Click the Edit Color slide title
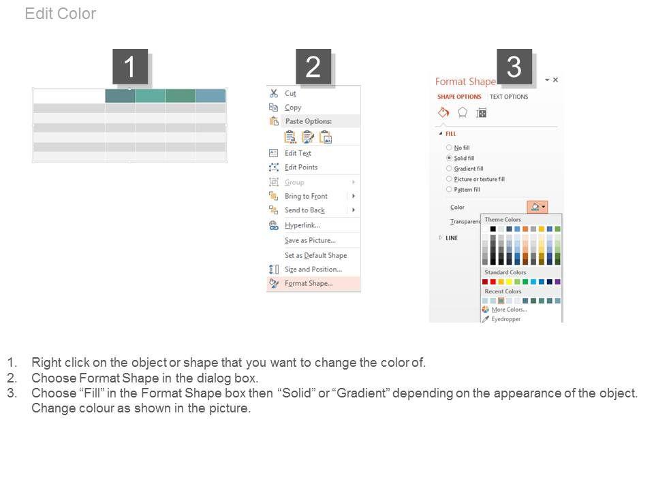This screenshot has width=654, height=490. coord(61,14)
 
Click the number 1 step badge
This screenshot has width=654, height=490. coord(130,67)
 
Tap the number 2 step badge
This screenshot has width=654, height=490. coord(313,67)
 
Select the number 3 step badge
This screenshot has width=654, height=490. coord(514,67)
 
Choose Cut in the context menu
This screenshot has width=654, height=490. coord(290,93)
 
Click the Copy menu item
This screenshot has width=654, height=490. coord(293,108)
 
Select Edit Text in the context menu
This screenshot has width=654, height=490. coord(298,153)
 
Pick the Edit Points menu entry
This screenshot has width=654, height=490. coord(301,167)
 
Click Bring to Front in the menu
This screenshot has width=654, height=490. coord(306,196)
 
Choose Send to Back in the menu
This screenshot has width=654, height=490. coord(305,210)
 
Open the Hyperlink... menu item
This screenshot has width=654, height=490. coord(302,225)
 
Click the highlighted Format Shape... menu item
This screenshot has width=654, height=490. coord(309,283)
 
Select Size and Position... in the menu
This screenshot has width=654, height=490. coord(313,269)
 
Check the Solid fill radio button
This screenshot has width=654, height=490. coord(449,158)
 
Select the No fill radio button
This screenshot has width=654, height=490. coord(449,148)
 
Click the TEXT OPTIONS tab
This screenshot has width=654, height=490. coord(509,97)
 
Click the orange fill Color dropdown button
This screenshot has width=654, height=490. coord(538,207)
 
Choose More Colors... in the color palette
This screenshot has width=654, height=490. coord(509,310)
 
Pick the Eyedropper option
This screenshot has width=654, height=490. coord(505,319)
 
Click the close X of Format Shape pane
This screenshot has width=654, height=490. coord(556,80)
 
